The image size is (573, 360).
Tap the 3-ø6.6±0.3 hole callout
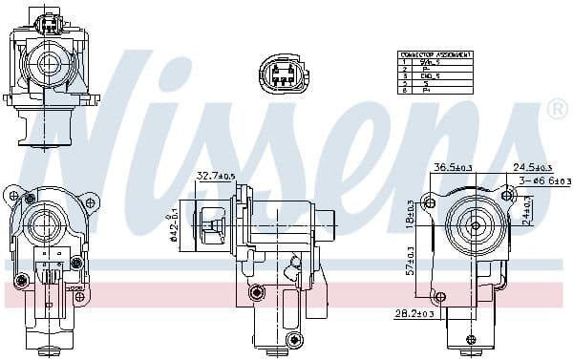(544, 180)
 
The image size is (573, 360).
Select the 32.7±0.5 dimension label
(217, 176)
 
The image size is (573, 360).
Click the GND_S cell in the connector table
(432, 75)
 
